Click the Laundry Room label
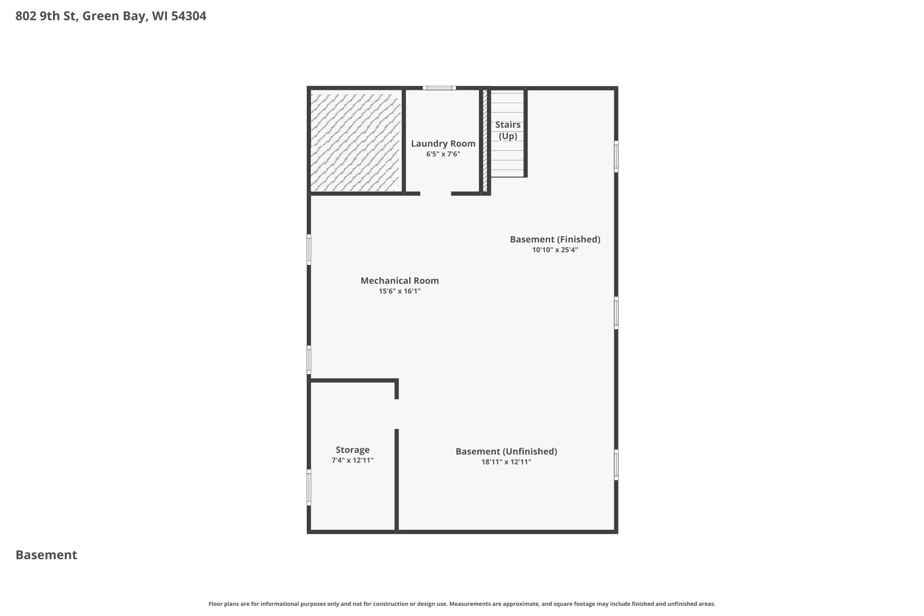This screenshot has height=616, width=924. coord(443,144)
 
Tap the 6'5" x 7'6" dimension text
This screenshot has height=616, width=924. coord(443,154)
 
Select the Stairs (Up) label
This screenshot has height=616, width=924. coord(507,130)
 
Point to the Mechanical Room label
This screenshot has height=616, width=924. coord(400,280)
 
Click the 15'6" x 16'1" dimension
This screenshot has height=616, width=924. coord(400,291)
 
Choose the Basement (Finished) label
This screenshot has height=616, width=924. coord(555,239)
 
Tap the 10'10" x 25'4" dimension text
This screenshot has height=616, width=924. coord(555,250)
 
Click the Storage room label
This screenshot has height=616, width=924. coord(352,450)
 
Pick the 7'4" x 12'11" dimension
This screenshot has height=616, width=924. coord(352,460)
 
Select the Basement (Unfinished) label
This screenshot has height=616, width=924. coord(506,451)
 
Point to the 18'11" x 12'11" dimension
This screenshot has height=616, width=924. coord(506,462)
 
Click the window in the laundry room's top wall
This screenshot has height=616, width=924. coord(439,88)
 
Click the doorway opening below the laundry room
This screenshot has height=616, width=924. coord(436,194)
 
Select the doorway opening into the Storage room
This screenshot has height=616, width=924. coord(397,414)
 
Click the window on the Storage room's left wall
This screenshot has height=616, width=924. coord(309,487)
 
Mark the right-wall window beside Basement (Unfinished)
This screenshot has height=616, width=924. coord(616,465)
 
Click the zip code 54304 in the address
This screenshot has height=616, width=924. coord(188,16)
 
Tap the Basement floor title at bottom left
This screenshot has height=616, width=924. coord(46,555)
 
